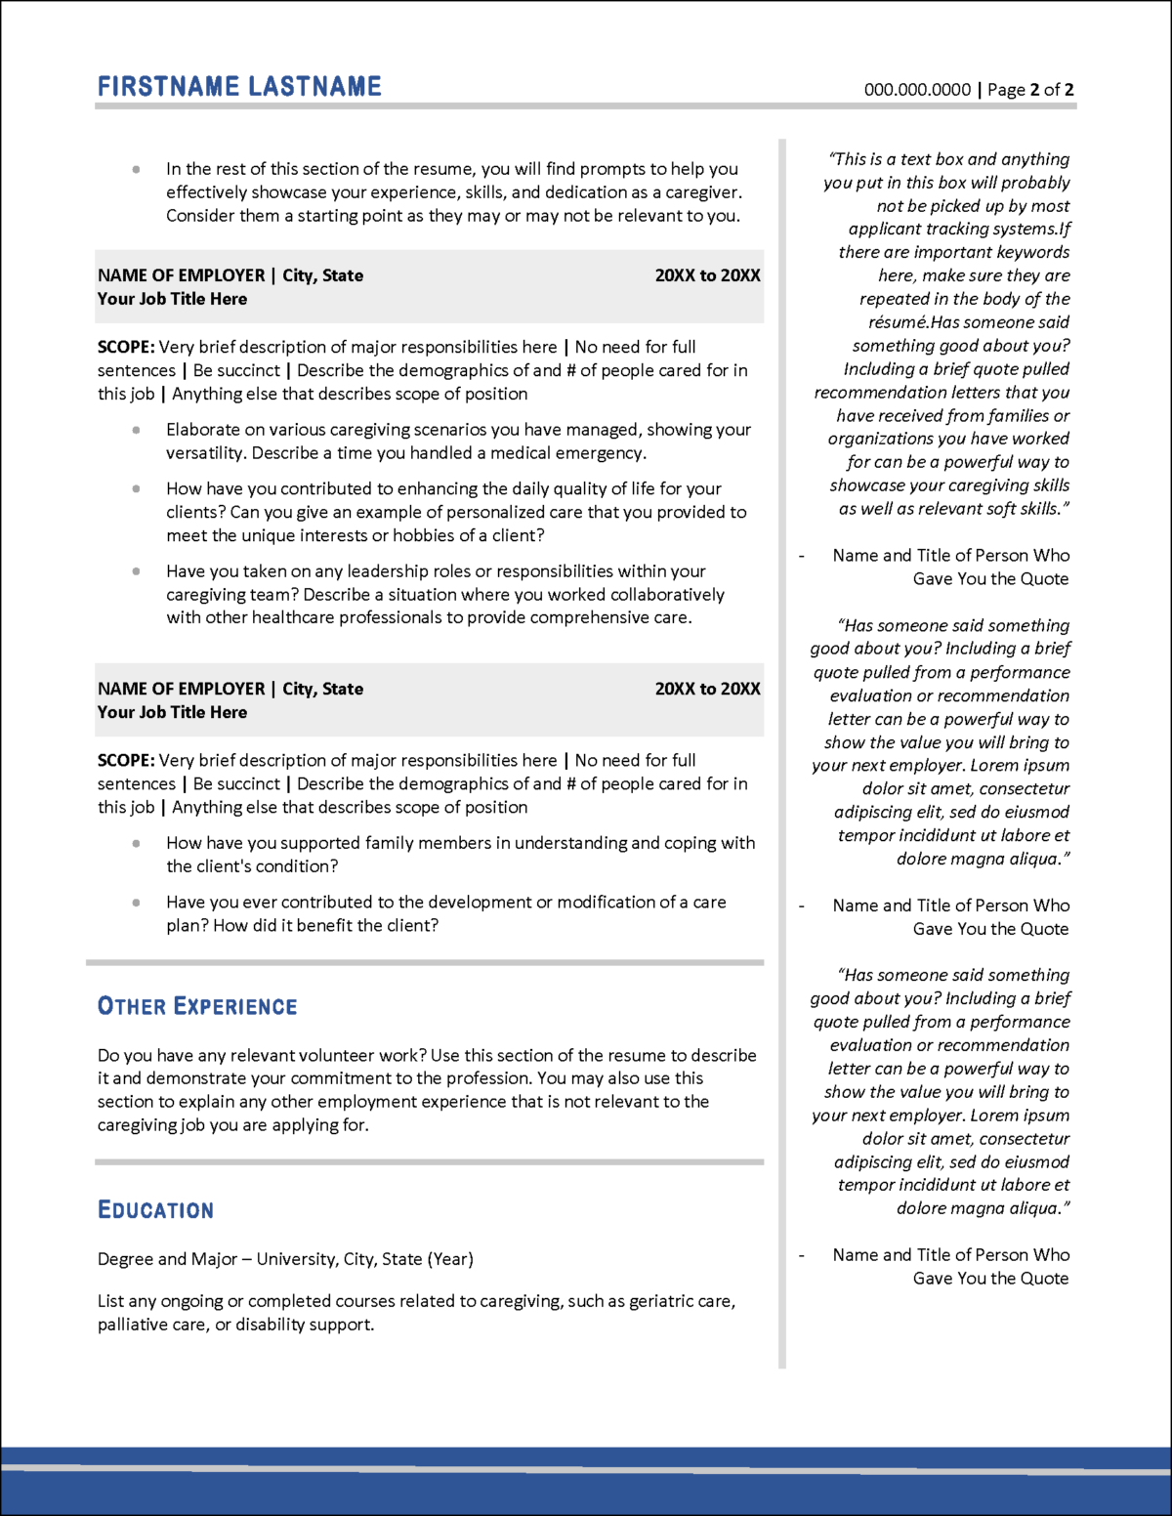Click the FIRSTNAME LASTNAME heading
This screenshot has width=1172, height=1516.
[239, 87]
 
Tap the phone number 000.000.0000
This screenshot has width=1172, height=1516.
[917, 90]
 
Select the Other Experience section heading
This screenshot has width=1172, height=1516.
[197, 1006]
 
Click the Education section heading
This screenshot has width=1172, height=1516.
[155, 1210]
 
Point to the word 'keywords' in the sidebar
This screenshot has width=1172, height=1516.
[1033, 252]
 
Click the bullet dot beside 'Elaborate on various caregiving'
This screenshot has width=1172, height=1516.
[136, 430]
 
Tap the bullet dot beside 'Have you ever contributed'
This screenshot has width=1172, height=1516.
[136, 903]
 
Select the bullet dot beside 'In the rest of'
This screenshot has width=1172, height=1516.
[136, 169]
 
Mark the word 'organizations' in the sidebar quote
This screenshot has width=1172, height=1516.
[880, 439]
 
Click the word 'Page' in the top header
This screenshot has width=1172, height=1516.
[1006, 90]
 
